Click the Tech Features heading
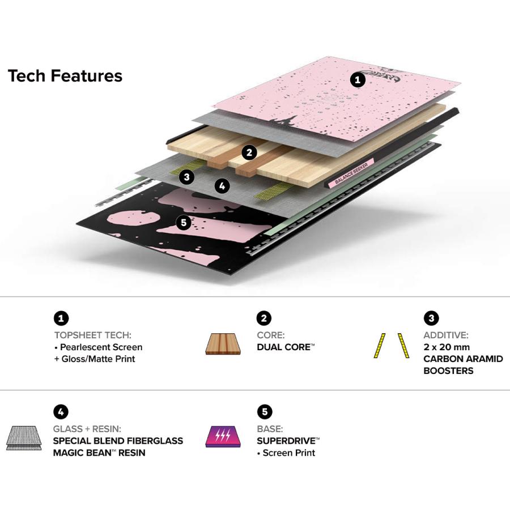point(65,76)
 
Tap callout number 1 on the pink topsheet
point(358,80)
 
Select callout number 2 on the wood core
point(249,152)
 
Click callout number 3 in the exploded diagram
point(186,177)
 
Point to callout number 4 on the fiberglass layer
point(222,186)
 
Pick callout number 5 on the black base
point(184,223)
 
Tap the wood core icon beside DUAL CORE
point(223,343)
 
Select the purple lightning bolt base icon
point(223,436)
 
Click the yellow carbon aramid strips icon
point(392,346)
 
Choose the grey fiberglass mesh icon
point(24,438)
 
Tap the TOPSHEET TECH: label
point(93,335)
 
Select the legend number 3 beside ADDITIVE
point(431,318)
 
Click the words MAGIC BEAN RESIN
point(99,452)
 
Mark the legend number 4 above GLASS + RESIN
point(61,412)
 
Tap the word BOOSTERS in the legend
point(448,371)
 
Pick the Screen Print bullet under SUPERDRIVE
point(286,453)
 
